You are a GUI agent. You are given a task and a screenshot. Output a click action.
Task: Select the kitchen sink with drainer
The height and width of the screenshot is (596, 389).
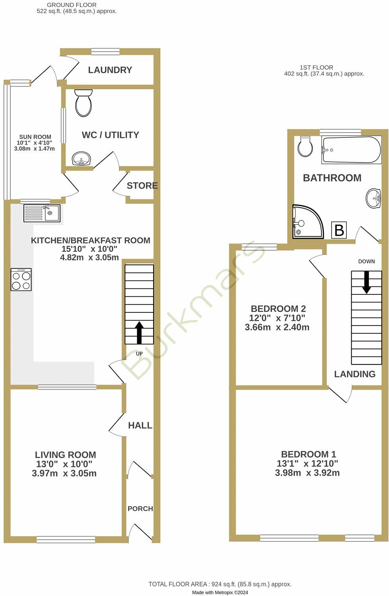click(x=42, y=213)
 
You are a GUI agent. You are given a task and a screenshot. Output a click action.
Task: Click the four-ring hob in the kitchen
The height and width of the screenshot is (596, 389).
click(x=21, y=280)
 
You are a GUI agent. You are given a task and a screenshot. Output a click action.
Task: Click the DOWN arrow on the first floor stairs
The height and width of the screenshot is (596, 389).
click(x=366, y=282)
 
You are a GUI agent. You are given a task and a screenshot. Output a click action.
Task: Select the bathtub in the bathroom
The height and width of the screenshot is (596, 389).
click(x=351, y=150)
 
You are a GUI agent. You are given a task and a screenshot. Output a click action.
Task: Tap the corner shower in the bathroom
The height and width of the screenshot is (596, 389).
click(x=307, y=222)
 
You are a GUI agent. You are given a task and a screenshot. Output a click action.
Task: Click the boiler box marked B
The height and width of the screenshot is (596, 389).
click(x=339, y=230)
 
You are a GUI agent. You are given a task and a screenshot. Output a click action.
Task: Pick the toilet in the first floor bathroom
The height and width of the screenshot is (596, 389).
click(x=305, y=147)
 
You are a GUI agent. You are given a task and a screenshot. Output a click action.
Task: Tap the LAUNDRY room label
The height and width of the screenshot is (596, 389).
click(x=110, y=70)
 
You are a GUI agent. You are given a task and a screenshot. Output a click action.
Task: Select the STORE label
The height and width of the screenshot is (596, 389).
click(x=142, y=186)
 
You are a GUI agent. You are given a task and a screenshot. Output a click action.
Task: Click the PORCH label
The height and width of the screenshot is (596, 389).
click(x=140, y=509)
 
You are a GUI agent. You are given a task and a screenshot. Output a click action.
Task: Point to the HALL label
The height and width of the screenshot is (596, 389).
click(x=140, y=425)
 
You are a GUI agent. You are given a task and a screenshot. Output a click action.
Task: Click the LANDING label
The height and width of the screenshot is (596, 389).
click(x=354, y=374)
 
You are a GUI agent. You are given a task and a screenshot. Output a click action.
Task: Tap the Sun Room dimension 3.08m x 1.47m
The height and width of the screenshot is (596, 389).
click(x=34, y=149)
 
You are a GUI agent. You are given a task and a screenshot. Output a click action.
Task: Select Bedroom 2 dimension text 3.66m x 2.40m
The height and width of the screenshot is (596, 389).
click(x=277, y=327)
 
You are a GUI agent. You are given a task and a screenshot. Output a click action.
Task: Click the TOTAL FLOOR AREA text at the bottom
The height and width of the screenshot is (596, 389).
click(x=220, y=584)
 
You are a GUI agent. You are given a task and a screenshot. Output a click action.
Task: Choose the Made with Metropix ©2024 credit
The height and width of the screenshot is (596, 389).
click(x=220, y=592)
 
